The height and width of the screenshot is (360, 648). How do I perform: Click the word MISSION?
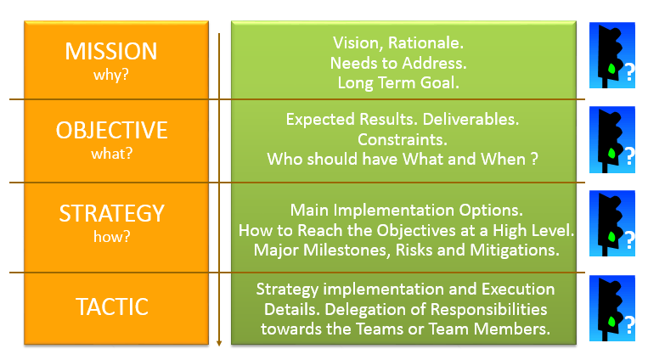click(x=111, y=51)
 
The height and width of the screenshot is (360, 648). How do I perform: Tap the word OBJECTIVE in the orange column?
click(x=111, y=130)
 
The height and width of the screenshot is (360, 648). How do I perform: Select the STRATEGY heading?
click(x=111, y=213)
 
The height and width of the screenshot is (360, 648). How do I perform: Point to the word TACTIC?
click(x=112, y=307)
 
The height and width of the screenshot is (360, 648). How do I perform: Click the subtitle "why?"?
click(x=111, y=76)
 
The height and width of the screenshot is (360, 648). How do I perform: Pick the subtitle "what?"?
click(x=111, y=154)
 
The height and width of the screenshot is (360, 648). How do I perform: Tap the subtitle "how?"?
click(x=111, y=237)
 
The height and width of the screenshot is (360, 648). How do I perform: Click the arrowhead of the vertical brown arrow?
click(x=219, y=343)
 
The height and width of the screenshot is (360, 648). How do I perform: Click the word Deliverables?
click(x=471, y=120)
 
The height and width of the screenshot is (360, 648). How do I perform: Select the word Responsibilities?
click(x=489, y=310)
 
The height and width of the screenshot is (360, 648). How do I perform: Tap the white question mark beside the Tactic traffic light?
click(x=629, y=325)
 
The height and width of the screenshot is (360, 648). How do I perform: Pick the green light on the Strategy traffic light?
click(x=611, y=237)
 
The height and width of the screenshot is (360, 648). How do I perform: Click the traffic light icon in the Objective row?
click(x=612, y=140)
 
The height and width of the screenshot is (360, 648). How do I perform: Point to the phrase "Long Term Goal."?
click(x=398, y=82)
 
